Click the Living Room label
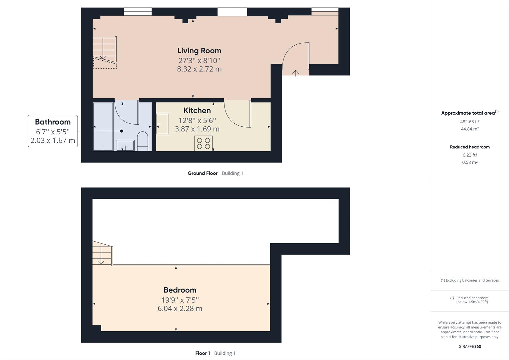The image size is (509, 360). click(199, 51)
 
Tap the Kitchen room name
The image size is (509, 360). click(197, 111)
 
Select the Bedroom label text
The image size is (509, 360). click(180, 290)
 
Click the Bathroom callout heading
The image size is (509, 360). click(53, 122)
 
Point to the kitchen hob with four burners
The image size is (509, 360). click(204, 143)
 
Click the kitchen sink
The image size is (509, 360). click(163, 124)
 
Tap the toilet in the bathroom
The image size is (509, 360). click(143, 141)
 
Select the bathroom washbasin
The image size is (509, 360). click(125, 146)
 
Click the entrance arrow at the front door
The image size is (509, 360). click(295, 73)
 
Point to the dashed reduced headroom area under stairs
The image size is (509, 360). click(105, 63)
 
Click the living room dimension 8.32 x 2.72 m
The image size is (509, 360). click(199, 69)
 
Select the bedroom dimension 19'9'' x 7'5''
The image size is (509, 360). click(180, 300)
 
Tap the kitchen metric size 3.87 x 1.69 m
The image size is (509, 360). click(197, 129)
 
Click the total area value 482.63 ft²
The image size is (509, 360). click(470, 122)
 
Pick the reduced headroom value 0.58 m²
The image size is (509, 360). click(470, 162)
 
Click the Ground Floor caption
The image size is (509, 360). click(203, 173)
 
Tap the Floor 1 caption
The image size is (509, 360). click(203, 353)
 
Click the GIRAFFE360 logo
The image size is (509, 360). click(470, 346)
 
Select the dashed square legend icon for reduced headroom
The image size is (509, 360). click(452, 298)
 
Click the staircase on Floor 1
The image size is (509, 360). click(102, 253)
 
